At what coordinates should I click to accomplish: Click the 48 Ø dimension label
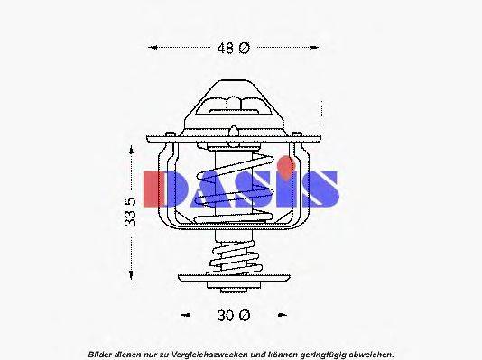[232, 48]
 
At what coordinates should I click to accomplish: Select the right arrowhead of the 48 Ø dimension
[322, 48]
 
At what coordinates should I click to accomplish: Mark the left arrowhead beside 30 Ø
[185, 315]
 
